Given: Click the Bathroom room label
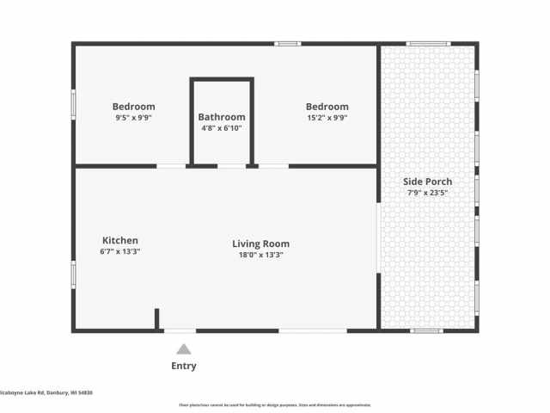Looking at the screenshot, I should pos(222,117).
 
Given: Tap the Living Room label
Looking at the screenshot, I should pos(260,243).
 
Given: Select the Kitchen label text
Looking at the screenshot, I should pos(120,241).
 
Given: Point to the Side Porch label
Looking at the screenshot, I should pos(428,182).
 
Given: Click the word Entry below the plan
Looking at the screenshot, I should pos(183,366).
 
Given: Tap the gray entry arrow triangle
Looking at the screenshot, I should pos(183,349).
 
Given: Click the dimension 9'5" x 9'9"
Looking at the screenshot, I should pos(133,118).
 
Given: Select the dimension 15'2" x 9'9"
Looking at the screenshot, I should pos(327,118).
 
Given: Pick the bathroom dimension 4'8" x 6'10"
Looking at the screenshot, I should pos(222,128).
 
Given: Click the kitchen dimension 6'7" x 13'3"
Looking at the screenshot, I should pos(120,252).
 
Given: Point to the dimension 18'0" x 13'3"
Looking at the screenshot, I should pos(260,255).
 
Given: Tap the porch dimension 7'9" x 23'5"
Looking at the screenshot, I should pos(428,193).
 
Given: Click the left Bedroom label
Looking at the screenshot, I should pos(133,107).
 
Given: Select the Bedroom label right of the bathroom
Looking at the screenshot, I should pos(327,107).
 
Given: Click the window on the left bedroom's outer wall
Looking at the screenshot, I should pos(73,104).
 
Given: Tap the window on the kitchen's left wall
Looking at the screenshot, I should pos(73,274).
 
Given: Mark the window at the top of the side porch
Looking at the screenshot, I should pos(428,43).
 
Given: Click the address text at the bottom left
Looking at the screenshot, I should pos(46,392).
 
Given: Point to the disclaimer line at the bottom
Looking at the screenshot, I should pos(275,404).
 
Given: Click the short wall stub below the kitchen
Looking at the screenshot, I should pos(157,319).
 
